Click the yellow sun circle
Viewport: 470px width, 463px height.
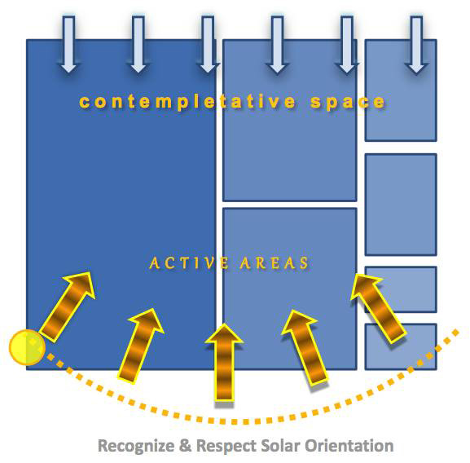click(27, 347)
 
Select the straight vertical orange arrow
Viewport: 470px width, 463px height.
click(224, 362)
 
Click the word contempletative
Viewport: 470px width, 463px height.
click(187, 102)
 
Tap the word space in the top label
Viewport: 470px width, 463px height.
click(348, 102)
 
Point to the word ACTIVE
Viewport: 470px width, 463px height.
click(189, 263)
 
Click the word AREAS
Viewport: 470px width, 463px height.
click(274, 263)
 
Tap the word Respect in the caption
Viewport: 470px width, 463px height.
click(226, 446)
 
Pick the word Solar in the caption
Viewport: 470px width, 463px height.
click(280, 445)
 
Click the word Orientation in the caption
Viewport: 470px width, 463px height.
click(349, 445)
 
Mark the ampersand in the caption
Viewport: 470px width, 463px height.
click(185, 445)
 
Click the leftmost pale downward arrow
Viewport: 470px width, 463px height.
click(68, 44)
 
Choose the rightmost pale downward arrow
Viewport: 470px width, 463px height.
click(416, 44)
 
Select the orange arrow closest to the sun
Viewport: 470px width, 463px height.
click(67, 306)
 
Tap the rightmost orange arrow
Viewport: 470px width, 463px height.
click(378, 308)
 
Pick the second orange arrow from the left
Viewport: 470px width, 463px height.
click(141, 346)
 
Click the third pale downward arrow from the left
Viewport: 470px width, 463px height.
click(208, 44)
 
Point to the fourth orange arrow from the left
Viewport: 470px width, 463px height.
click(305, 348)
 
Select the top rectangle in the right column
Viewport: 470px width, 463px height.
click(401, 90)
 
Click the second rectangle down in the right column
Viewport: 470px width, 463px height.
click(401, 205)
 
